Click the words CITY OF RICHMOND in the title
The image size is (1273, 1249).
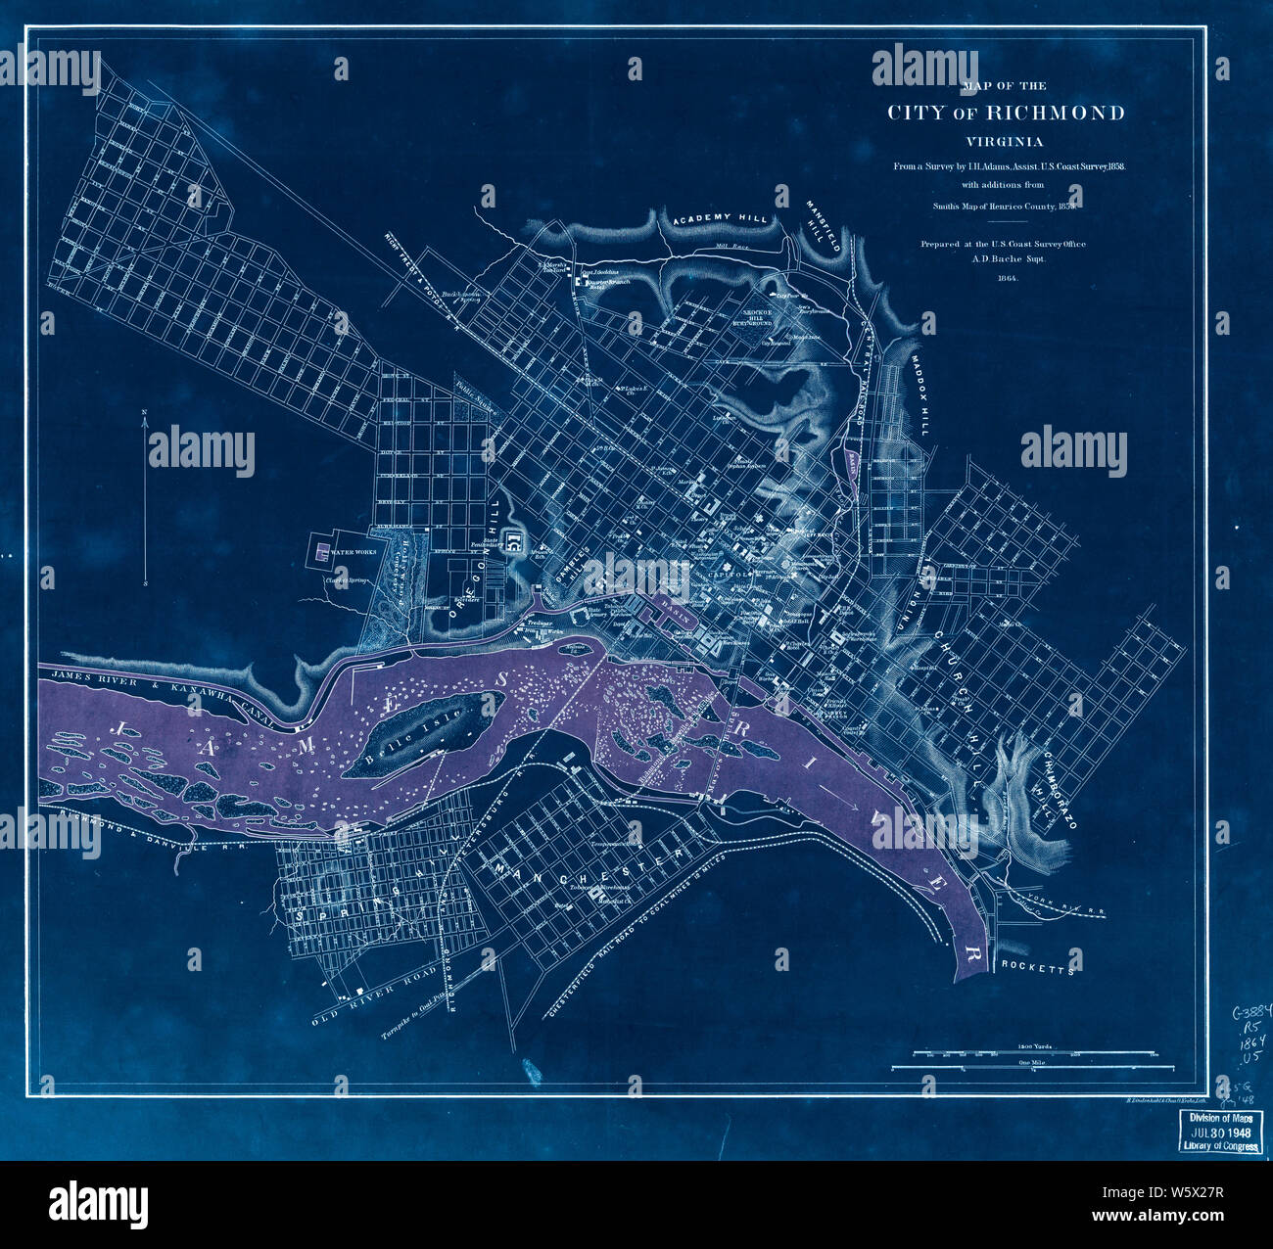(1006, 113)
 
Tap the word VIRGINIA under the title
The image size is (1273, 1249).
(1006, 141)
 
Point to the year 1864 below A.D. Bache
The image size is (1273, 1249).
(1007, 278)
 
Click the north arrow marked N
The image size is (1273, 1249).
(145, 413)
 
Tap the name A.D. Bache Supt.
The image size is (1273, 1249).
(1007, 259)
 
